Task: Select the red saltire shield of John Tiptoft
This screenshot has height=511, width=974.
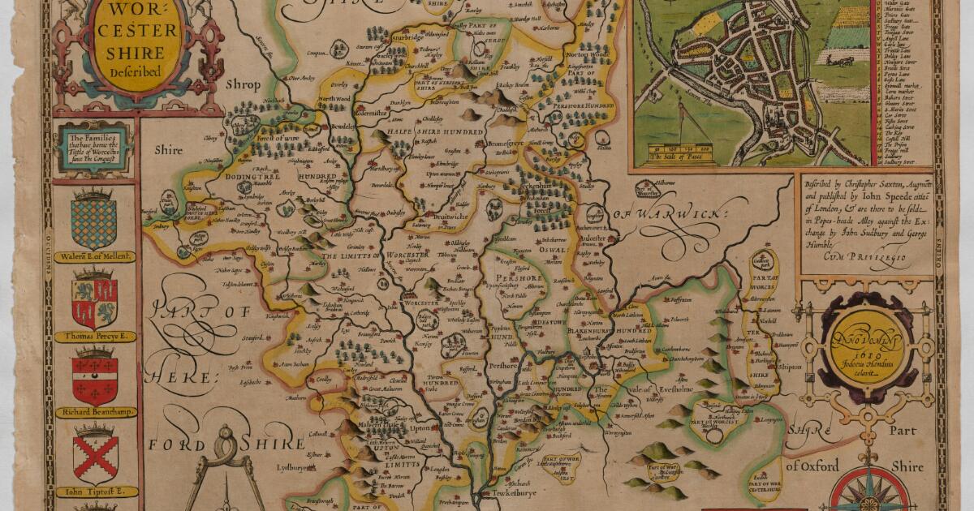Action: tap(95, 457)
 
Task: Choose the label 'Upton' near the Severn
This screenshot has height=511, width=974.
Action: tap(420, 428)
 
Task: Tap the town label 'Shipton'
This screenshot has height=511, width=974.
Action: tap(790, 366)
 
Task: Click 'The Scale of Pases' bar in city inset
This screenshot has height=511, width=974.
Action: tap(681, 152)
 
